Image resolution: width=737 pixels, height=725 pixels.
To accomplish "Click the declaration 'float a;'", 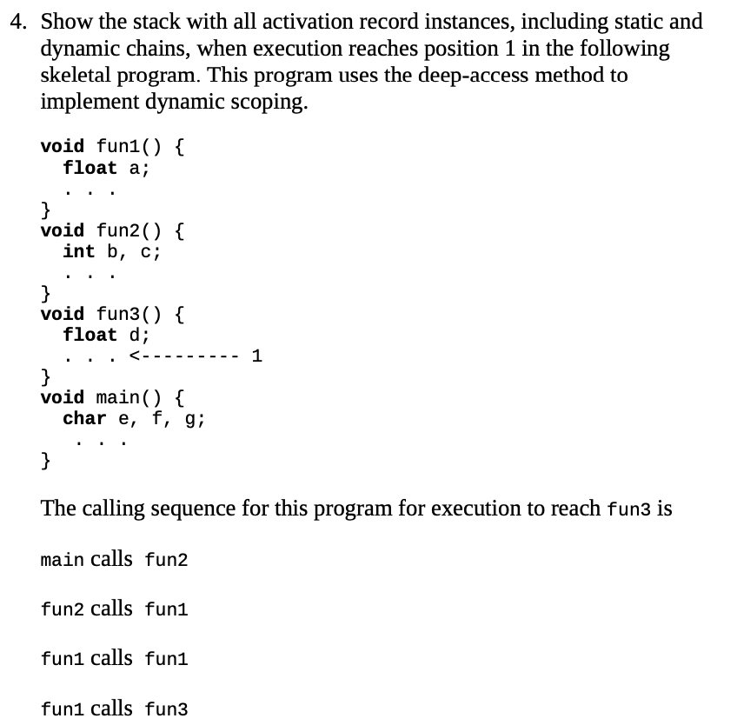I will [106, 168].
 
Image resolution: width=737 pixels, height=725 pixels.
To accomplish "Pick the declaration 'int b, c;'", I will [111, 251].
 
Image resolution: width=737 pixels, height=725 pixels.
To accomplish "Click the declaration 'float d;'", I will [106, 335].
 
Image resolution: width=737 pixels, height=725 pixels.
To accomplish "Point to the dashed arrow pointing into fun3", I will [183, 356].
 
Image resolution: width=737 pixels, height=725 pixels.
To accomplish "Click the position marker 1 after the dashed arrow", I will [256, 356].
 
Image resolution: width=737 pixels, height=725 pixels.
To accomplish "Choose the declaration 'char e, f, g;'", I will [133, 418].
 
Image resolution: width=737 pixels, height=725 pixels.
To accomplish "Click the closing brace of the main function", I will [45, 459].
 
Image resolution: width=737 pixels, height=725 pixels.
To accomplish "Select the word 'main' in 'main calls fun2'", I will [62, 559].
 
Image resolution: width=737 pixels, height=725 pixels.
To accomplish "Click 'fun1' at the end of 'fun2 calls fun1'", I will [166, 609].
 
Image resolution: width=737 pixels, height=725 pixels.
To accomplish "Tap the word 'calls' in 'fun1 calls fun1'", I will [111, 658].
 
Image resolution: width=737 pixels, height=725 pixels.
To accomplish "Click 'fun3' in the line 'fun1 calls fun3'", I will [166, 708].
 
